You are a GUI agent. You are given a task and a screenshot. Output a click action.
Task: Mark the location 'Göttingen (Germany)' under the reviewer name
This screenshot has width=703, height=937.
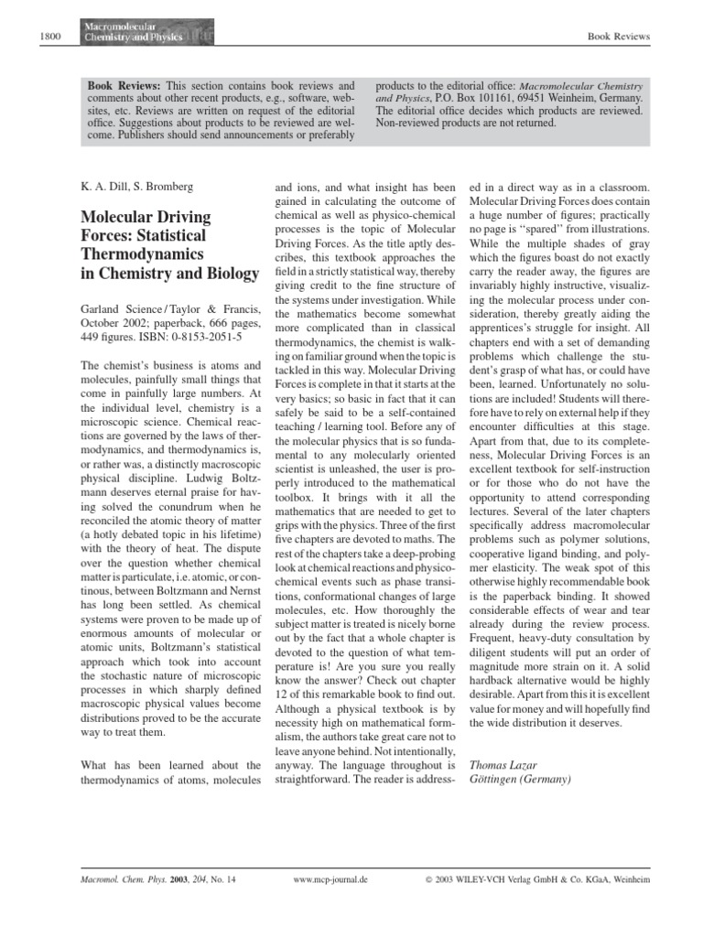[x=519, y=780]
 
